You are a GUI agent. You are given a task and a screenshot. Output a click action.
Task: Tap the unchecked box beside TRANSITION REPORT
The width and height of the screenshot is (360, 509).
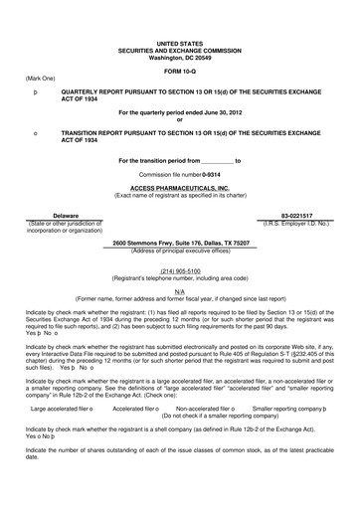coord(36,131)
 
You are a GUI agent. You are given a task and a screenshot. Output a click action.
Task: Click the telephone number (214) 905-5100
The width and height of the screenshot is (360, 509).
coord(180,269)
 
